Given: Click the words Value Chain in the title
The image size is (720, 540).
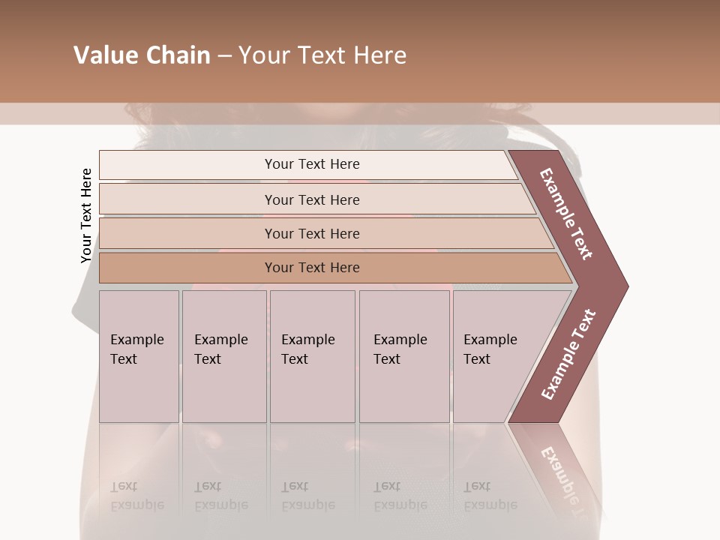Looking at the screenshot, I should point(142,55).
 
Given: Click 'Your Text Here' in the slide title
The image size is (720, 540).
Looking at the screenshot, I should point(322,55).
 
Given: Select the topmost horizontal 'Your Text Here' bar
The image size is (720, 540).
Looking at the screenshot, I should point(312,164).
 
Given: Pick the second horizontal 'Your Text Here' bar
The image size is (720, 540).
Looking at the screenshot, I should point(312,200).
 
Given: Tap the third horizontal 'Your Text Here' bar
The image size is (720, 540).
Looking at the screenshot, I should point(312,234).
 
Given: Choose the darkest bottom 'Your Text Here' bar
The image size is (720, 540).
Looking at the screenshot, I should point(312,268).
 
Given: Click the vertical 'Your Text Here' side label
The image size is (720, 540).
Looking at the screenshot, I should point(86,216).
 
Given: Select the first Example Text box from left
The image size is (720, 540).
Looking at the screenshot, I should point(139,356).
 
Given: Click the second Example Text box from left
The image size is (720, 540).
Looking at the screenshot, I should point(223,356).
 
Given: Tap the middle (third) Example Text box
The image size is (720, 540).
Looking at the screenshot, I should point(311,356).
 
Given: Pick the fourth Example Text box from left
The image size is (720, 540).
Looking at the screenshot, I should point(403,356).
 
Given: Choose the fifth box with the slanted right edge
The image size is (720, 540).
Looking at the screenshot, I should point(495,356).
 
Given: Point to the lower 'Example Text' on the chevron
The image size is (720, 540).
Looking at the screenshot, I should point(568,355).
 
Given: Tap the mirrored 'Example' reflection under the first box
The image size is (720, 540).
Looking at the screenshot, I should point(137,505).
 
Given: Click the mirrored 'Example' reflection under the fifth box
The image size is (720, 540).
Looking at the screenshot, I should point(490,505).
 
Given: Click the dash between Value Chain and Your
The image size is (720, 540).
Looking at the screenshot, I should point(224,56).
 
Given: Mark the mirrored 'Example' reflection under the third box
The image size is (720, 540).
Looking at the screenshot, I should point(308,505).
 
